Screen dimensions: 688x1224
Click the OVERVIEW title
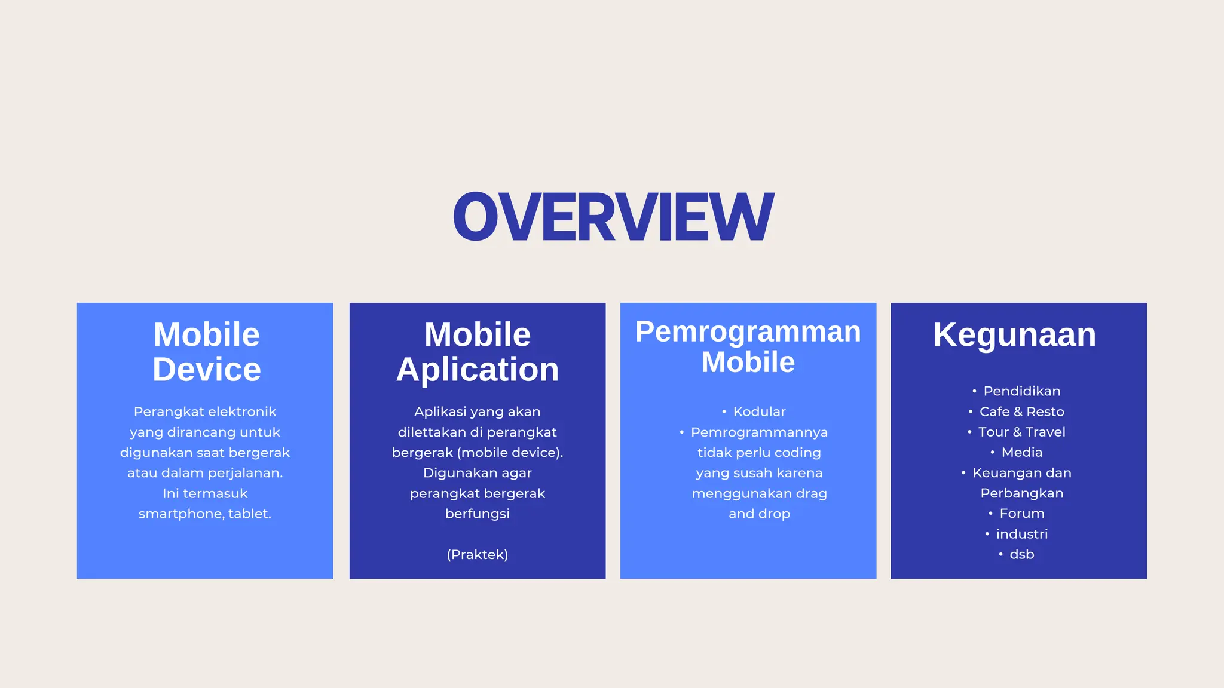point(613,217)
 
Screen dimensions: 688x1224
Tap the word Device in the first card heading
point(206,369)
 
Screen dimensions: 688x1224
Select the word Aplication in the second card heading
point(478,369)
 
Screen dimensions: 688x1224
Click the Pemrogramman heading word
point(748,331)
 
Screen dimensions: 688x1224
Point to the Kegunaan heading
point(1014,334)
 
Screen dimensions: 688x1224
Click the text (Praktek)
point(477,554)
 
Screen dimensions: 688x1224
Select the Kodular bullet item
point(759,411)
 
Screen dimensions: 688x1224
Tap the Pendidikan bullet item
point(1021,391)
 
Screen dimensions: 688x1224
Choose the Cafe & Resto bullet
point(1021,411)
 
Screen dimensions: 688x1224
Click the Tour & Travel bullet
point(1021,432)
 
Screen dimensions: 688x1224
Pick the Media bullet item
point(1021,452)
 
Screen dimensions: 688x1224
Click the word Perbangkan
point(1021,493)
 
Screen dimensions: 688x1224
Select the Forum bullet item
point(1021,514)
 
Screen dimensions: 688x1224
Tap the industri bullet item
point(1021,534)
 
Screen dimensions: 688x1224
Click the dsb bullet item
point(1021,554)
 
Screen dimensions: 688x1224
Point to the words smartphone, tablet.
point(205,514)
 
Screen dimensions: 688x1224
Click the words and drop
point(759,514)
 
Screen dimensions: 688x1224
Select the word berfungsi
point(477,514)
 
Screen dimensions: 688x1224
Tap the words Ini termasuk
point(205,493)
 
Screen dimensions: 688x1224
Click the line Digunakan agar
point(477,473)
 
